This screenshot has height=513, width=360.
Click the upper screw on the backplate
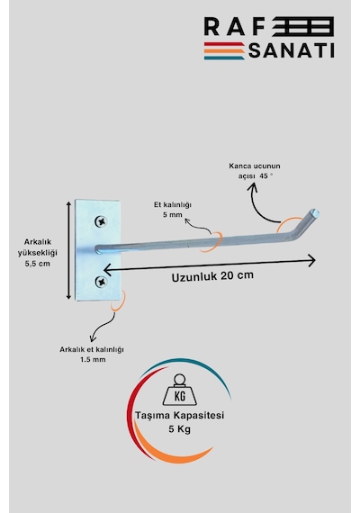101,221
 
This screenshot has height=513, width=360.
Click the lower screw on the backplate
101,282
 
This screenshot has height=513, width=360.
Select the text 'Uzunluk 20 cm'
212,276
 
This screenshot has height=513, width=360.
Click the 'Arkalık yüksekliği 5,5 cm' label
37,253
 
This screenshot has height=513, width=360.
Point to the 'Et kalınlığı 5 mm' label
173,210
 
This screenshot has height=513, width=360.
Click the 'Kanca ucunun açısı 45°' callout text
255,171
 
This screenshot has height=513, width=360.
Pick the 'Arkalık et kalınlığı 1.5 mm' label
92,355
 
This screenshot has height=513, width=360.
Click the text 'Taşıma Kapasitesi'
180,415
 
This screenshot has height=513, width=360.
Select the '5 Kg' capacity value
180,429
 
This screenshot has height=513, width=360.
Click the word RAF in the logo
234,26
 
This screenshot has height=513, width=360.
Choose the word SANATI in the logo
292,50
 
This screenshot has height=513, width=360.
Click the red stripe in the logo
224,44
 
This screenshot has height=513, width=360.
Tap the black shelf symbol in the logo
303,26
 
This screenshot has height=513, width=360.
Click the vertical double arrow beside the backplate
68,250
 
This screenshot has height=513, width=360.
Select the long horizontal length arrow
210,265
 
